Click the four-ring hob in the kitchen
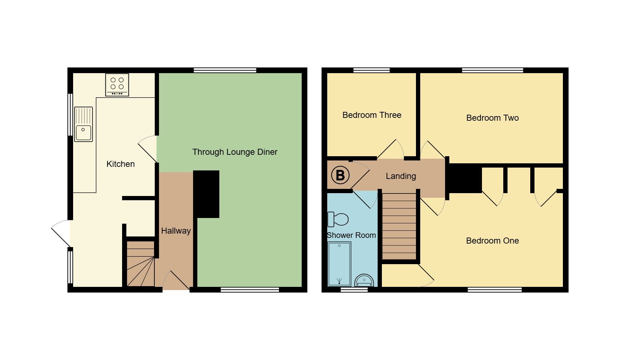[x=117, y=84]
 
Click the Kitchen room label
[x=121, y=164]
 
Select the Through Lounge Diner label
[x=235, y=152]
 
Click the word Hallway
[x=176, y=231]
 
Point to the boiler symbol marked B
[x=340, y=175]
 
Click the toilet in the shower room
[x=338, y=219]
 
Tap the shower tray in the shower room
[x=339, y=264]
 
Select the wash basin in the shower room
[x=364, y=280]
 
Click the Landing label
[x=401, y=176]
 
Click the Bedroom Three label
[x=372, y=115]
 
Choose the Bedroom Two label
[x=492, y=118]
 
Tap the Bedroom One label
[x=492, y=241]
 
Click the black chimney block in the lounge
[x=207, y=194]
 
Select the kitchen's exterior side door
[x=61, y=233]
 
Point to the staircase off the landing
[x=399, y=227]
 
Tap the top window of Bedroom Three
[x=372, y=70]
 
